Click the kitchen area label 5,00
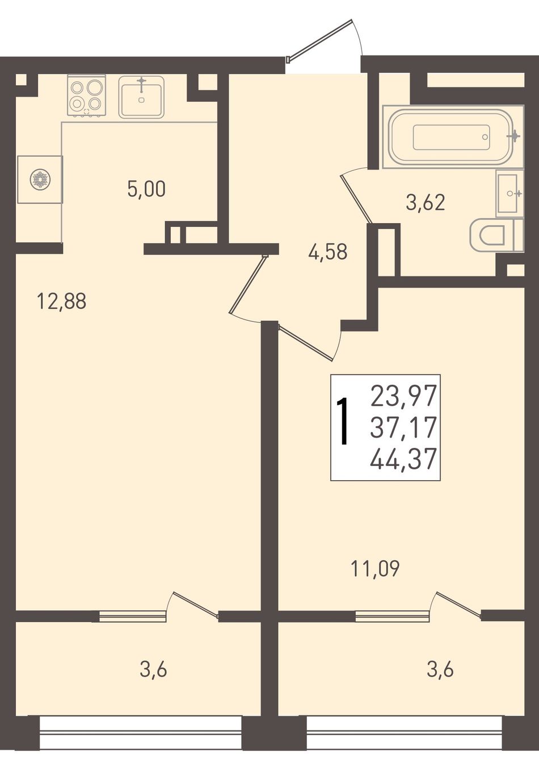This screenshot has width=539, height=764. click(x=146, y=189)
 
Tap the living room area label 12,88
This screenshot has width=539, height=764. click(x=62, y=302)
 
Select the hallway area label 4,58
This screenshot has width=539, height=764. click(x=327, y=253)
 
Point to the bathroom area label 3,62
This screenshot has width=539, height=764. click(x=426, y=203)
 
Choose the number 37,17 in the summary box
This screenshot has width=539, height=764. click(x=403, y=427)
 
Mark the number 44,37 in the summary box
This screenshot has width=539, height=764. click(x=403, y=459)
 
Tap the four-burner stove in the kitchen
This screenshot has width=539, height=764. click(x=87, y=95)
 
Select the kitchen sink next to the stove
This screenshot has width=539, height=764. click(x=141, y=97)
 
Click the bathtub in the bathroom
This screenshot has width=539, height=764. click(x=452, y=136)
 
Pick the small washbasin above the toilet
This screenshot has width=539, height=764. click(x=509, y=194)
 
